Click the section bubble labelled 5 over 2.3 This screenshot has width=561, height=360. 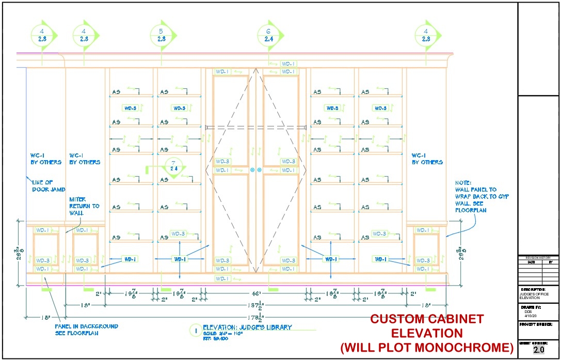pyautogui.click(x=161, y=35)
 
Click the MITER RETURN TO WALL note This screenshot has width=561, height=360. pyautogui.click(x=85, y=206)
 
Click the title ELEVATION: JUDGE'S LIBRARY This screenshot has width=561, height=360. pyautogui.click(x=247, y=327)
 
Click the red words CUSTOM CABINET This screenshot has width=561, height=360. pyautogui.click(x=427, y=319)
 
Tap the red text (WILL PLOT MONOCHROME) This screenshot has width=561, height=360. pyautogui.click(x=427, y=347)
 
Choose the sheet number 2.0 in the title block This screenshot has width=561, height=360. pyautogui.click(x=538, y=350)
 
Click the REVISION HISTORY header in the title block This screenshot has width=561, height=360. pyautogui.click(x=538, y=257)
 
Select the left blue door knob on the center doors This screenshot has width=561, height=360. pyautogui.click(x=252, y=169)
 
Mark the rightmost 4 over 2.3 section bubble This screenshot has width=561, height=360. pyautogui.click(x=426, y=35)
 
